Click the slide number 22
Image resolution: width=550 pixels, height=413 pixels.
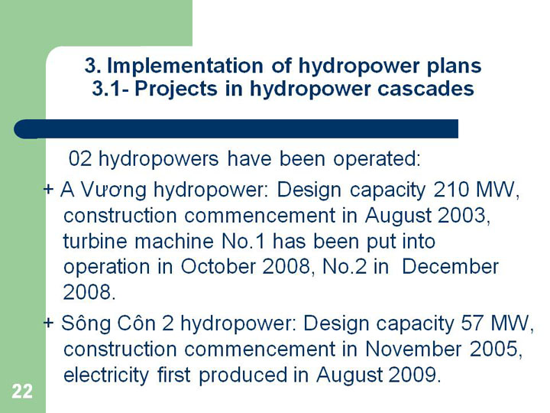[22, 392]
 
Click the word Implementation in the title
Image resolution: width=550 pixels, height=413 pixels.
[185, 65]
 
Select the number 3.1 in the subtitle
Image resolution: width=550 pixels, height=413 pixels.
[107, 89]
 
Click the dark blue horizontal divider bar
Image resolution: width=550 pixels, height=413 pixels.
[236, 129]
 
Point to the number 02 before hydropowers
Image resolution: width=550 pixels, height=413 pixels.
[80, 159]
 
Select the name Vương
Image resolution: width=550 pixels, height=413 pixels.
[113, 190]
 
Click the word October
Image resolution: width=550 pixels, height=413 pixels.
[218, 267]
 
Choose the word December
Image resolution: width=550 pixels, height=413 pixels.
[450, 267]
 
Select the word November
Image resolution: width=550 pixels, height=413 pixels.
[413, 349]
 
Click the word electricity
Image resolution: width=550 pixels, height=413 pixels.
[106, 375]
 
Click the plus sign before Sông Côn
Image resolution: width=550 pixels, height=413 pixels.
[48, 323]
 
